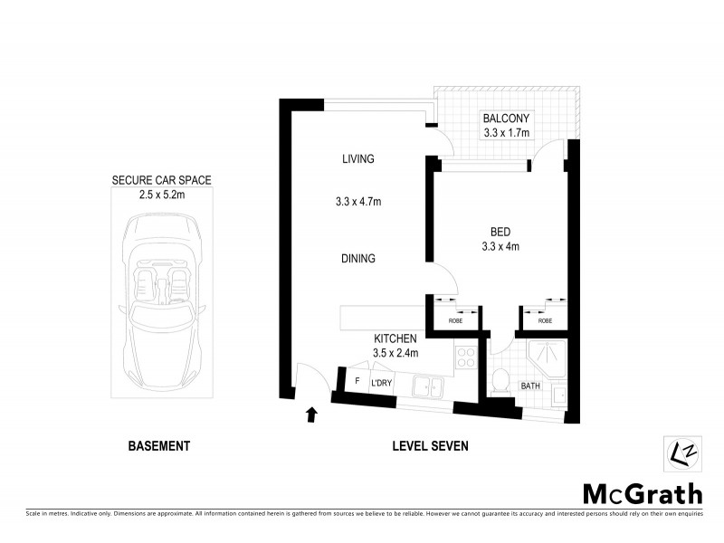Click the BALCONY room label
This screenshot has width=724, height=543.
click(506, 119)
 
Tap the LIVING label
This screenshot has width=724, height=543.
click(357, 159)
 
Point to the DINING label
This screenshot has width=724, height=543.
click(358, 259)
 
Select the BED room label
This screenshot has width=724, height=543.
click(500, 230)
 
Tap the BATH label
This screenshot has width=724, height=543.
click(530, 386)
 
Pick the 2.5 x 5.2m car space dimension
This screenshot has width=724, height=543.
click(161, 195)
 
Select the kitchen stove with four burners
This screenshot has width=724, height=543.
click(466, 357)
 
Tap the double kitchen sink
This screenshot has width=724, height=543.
click(426, 387)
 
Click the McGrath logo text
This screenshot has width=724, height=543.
click(642, 493)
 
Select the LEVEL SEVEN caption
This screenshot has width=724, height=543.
click(430, 445)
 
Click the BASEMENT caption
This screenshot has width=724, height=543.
click(158, 445)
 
